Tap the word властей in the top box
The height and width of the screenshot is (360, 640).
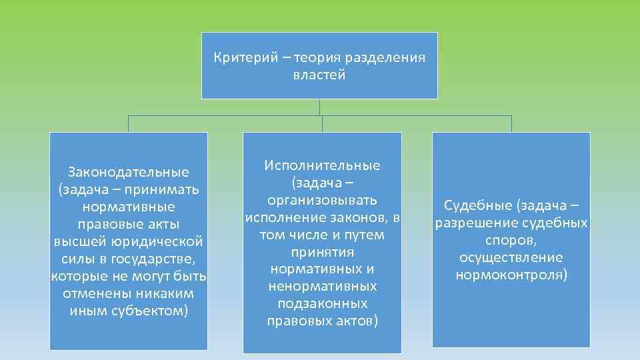coord(319,75)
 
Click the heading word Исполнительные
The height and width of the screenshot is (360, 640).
coord(322,165)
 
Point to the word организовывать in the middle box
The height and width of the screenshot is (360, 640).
coord(322,200)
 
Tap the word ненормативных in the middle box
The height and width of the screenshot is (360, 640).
coord(322,287)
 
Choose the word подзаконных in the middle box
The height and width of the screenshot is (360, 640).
coord(322,304)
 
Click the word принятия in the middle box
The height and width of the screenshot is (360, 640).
coord(322,252)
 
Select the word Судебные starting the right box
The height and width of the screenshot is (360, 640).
coord(474,205)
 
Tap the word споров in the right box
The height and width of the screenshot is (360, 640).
coord(511,239)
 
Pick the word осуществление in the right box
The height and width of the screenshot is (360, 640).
coord(511,257)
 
